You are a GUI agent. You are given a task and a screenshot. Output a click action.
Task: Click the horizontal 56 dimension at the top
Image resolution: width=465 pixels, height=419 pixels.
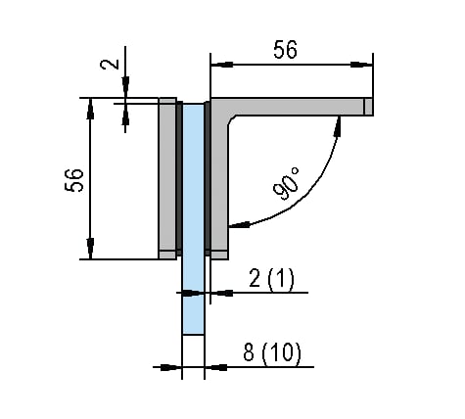285,51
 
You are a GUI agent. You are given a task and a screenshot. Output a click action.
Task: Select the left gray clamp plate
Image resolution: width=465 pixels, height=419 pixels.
168,176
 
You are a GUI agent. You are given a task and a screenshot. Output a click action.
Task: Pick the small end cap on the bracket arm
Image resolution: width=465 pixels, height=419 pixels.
368,106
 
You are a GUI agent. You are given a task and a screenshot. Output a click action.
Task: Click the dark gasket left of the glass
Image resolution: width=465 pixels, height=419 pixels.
180,176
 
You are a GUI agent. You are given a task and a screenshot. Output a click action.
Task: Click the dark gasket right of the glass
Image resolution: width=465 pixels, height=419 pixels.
207,176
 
